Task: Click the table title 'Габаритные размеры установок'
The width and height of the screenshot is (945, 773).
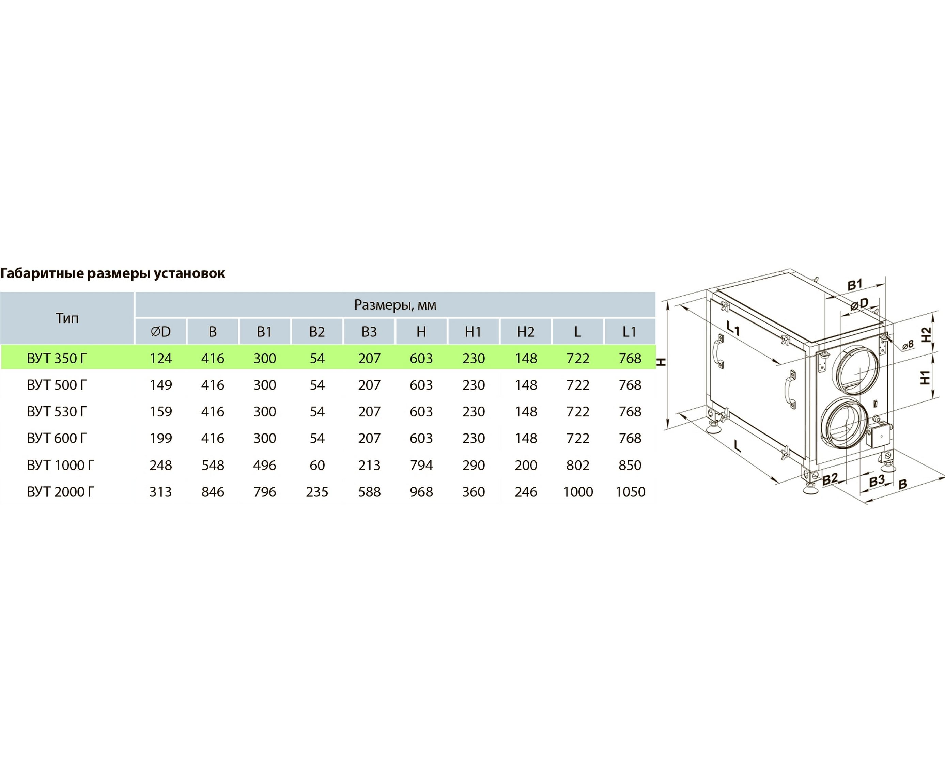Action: (113, 273)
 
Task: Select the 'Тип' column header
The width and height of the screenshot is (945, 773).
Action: (67, 318)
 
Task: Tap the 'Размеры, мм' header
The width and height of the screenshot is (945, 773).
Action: (395, 305)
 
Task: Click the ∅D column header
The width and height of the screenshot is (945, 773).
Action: (161, 332)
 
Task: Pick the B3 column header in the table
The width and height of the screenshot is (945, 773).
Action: (369, 332)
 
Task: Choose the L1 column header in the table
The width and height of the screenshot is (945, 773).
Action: (629, 332)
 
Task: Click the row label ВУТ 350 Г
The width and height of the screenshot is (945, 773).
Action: (57, 359)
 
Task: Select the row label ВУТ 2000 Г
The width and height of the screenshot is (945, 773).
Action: (61, 492)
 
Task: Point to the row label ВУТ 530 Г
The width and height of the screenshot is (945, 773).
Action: (57, 411)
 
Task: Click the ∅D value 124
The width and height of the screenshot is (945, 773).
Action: (161, 359)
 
